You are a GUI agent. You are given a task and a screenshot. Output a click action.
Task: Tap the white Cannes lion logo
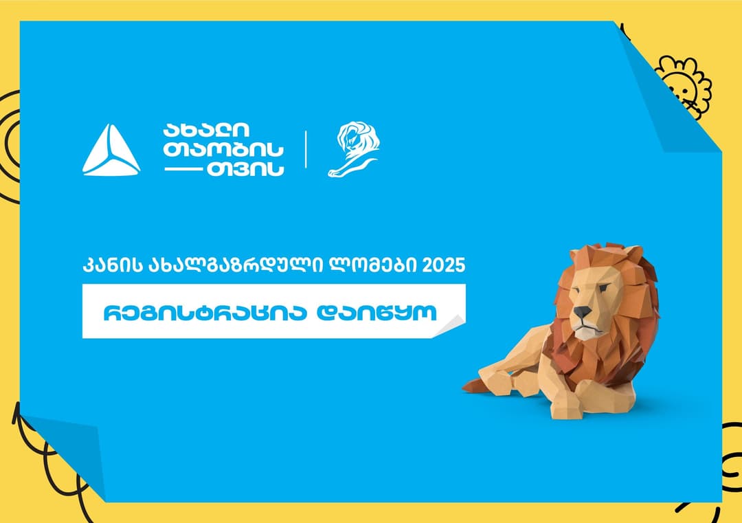pos(352,149)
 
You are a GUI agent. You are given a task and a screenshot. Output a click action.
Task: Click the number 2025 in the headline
pos(443,265)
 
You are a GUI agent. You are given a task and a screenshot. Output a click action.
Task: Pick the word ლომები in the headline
pos(374,265)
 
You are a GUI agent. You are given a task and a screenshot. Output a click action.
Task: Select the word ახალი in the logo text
pos(206,129)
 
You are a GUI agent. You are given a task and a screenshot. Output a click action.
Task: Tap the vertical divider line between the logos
pos(305,149)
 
